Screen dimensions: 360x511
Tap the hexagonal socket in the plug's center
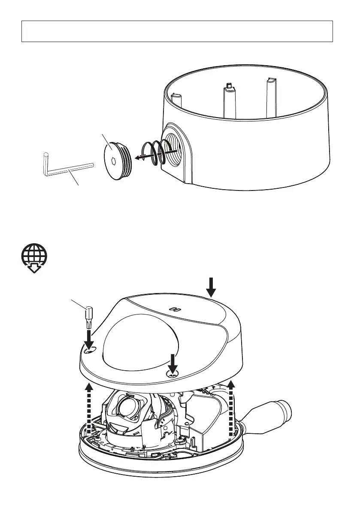[112, 162]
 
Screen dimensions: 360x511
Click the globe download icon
[35, 259]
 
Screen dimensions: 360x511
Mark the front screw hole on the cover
[173, 375]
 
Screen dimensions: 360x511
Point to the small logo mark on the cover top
[174, 308]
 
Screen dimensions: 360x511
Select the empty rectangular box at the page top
[177, 31]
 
